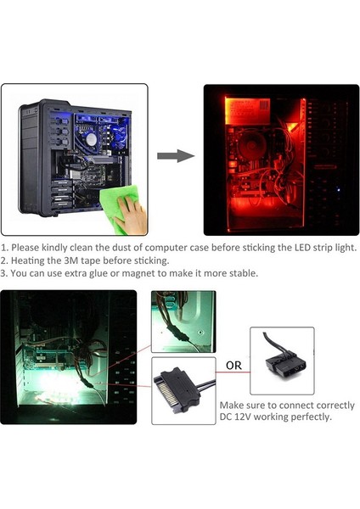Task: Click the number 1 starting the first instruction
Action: tap(4, 247)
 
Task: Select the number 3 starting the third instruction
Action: tap(4, 274)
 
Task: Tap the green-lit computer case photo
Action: tap(68, 356)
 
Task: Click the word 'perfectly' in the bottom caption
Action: tap(307, 417)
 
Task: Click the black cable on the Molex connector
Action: tap(269, 338)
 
